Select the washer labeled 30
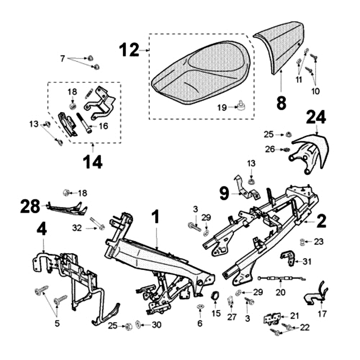pyautogui.click(x=138, y=325)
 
